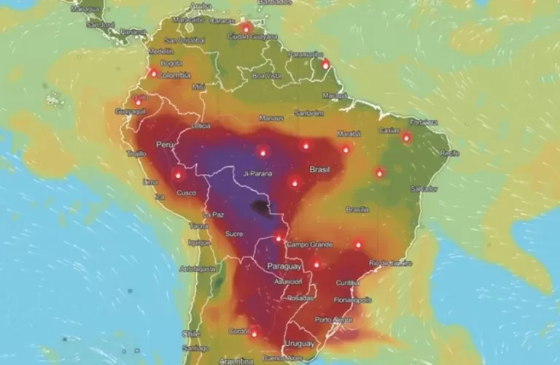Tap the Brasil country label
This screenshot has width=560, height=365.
320,169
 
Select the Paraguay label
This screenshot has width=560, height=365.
284,266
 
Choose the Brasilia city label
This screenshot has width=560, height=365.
357,210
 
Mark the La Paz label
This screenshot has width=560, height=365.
214,215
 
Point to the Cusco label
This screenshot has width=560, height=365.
186,193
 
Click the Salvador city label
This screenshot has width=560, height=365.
424,188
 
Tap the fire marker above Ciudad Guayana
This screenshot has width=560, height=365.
246,28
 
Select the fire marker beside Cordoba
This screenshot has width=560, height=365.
254,333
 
